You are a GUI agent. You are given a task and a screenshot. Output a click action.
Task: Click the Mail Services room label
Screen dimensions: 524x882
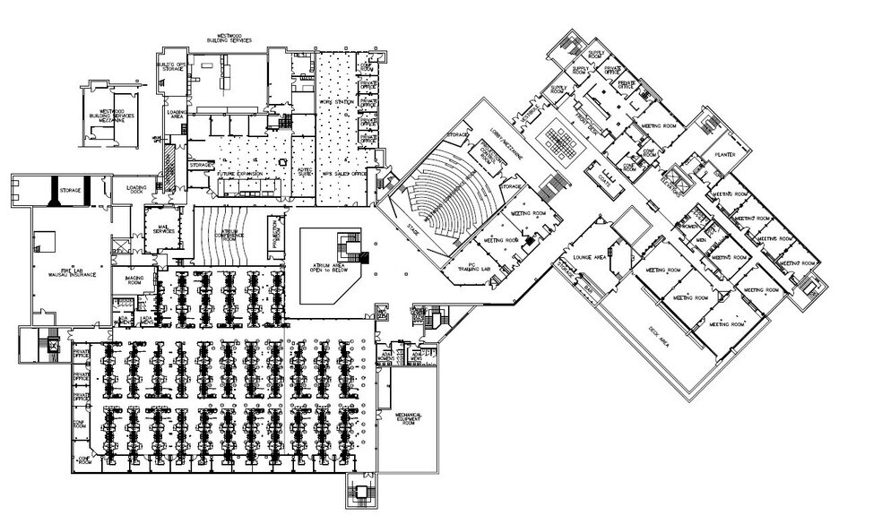click(x=163, y=229)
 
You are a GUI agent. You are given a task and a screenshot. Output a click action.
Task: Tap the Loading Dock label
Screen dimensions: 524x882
click(x=137, y=189)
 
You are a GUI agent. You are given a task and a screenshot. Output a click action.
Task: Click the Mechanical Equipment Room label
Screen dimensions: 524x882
click(x=408, y=418)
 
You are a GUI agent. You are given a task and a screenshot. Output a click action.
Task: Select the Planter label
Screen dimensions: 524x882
click(x=724, y=153)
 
